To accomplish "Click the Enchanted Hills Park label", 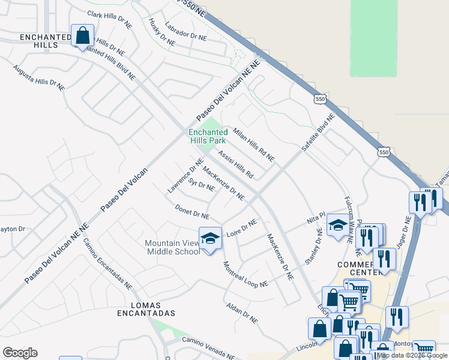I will coord(208,136).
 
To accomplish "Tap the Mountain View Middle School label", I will coord(173,247).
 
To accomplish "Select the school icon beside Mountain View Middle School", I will coord(211,238).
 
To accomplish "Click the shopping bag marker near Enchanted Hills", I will coord(82,35).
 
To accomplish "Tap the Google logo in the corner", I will coord(20,353).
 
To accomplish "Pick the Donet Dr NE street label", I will coord(192,212).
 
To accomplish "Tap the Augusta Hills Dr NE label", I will coord(38,78).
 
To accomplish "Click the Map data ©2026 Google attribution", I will coord(412,355).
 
